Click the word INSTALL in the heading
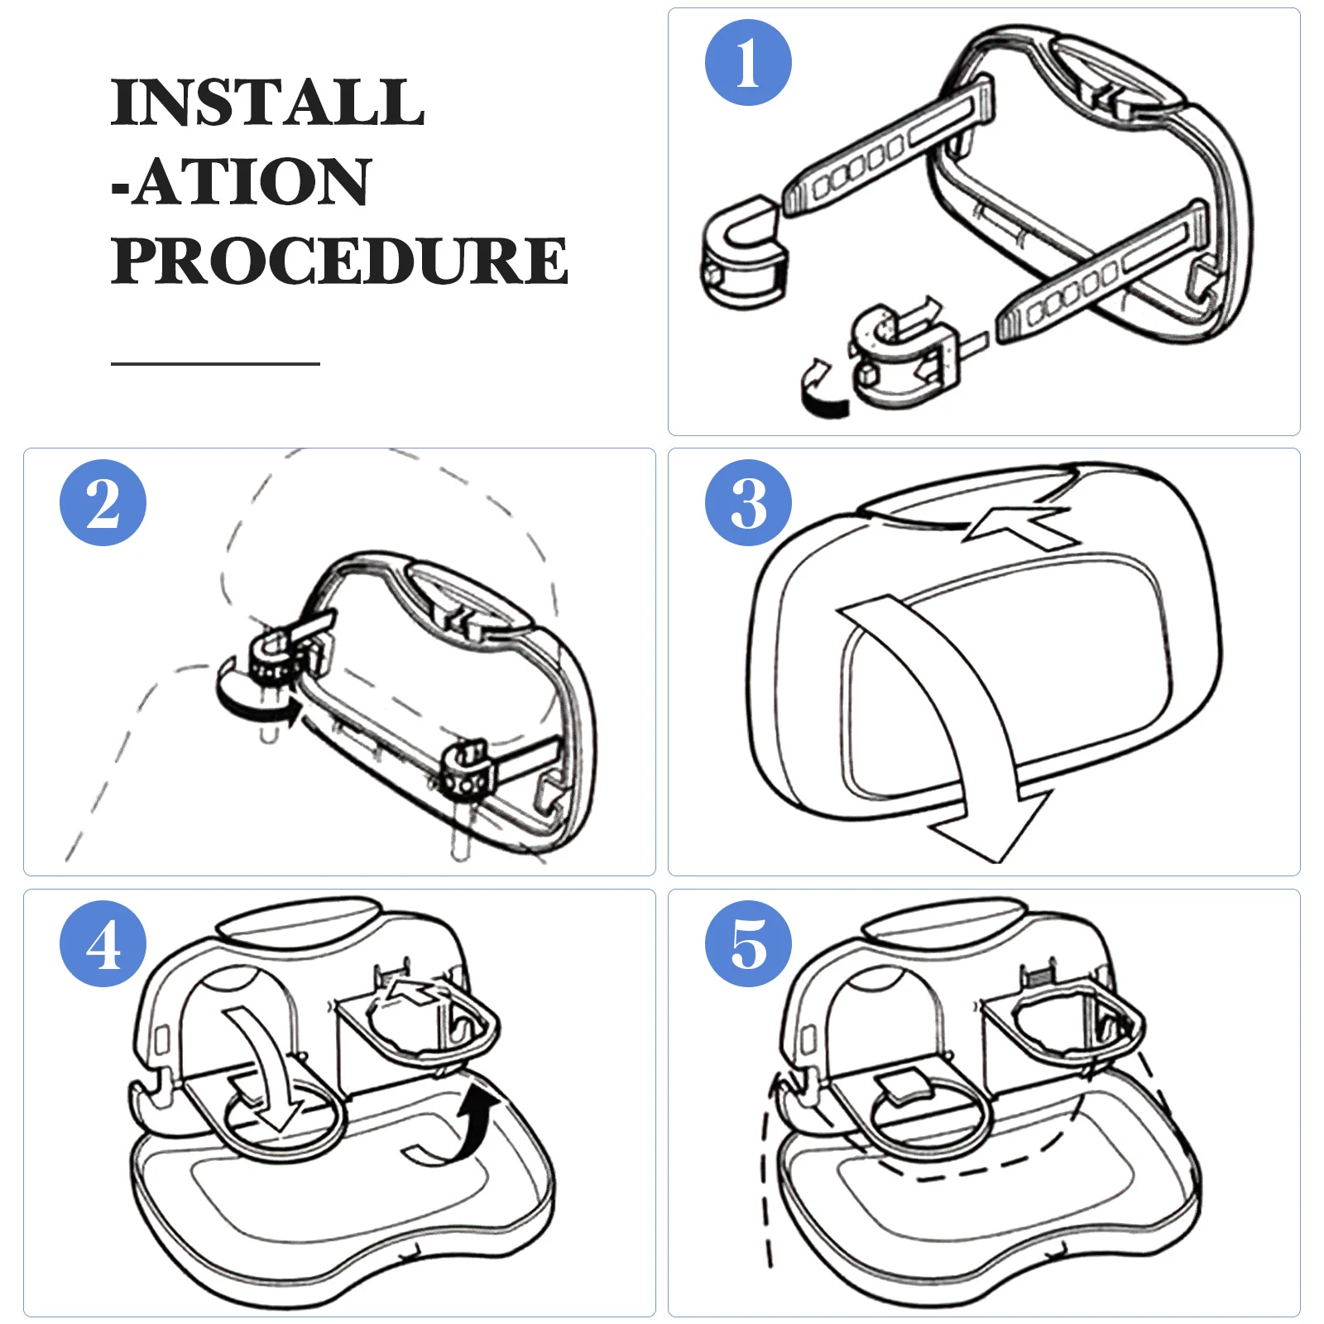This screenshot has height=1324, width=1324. click(267, 103)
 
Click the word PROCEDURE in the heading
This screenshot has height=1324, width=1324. click(339, 260)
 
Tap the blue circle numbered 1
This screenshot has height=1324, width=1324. click(748, 63)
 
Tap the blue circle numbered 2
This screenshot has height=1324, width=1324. click(103, 503)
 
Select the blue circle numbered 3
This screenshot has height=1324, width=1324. click(748, 503)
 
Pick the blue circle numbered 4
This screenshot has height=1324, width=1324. click(103, 943)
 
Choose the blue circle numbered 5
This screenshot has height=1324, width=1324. click(748, 943)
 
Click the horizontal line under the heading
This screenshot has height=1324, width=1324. click(215, 363)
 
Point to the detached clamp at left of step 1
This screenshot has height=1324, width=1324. click(743, 252)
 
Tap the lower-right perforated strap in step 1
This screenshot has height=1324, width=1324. click(1101, 273)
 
